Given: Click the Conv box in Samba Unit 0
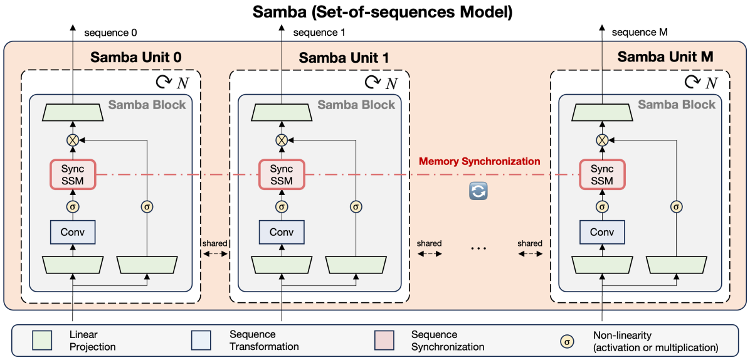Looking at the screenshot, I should point(72,233).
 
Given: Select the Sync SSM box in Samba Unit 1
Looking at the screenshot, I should point(282,174).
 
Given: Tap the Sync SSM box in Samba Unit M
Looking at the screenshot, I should point(602,174).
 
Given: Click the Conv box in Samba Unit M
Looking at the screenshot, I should point(602,233).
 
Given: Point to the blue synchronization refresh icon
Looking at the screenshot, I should point(479,191).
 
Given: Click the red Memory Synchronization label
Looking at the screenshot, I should point(479,161).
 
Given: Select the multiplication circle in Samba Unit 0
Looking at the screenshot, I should point(72,140).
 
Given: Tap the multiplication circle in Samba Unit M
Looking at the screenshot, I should point(602,140).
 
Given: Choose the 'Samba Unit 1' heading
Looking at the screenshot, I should point(344,58).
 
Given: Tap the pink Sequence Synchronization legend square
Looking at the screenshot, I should point(384,341).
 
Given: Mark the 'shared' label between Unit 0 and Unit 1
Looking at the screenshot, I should point(214,243).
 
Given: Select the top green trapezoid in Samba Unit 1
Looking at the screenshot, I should point(282,113).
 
